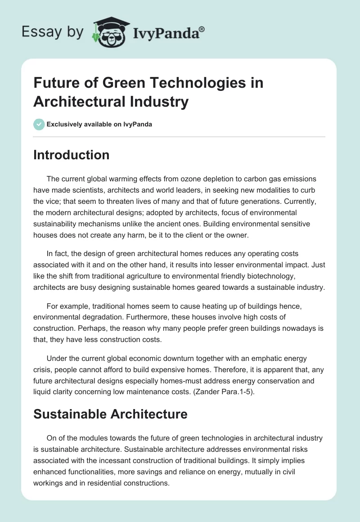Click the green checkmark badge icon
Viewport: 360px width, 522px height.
point(39,124)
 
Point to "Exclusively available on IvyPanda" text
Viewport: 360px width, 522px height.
point(99,124)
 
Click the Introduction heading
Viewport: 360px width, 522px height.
point(71,155)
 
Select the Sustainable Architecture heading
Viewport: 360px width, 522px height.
point(110,414)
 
